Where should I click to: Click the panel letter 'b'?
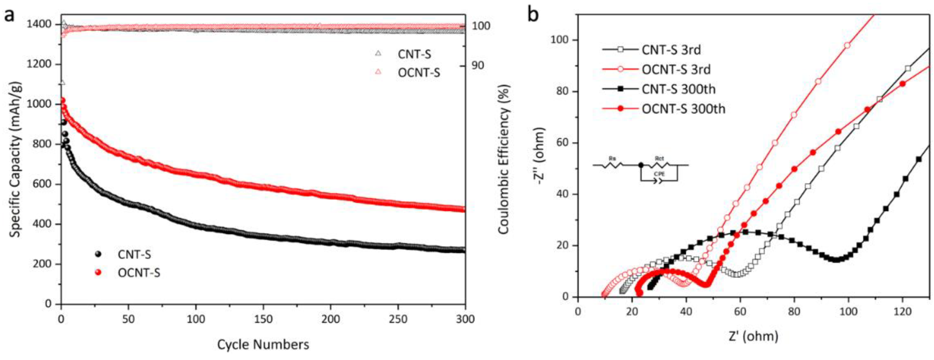533,15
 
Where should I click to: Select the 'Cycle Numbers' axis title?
263,344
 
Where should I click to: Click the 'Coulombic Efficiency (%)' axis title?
504,160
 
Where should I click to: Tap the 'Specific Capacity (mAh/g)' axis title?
15,160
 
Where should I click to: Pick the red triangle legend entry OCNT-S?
419,73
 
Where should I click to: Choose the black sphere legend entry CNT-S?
134,255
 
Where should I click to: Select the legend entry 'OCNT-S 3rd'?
676,69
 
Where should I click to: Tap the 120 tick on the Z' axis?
902,312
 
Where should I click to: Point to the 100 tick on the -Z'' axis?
560,40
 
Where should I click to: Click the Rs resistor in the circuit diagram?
612,165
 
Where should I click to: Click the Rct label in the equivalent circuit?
660,158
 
